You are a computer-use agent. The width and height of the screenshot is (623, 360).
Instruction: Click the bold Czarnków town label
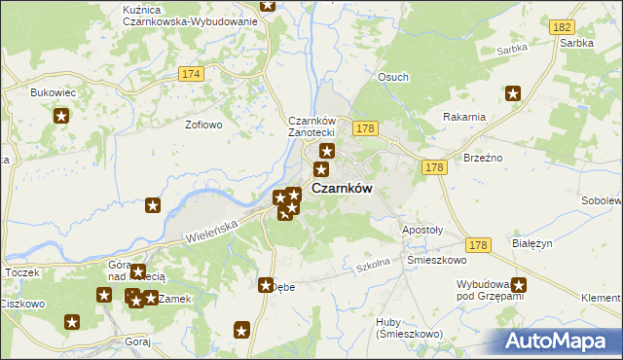tap(342, 189)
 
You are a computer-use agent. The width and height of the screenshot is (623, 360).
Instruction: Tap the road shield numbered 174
tap(191, 74)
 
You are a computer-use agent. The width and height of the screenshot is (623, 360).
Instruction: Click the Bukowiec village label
tap(53, 92)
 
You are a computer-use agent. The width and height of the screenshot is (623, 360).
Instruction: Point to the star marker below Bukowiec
tap(61, 117)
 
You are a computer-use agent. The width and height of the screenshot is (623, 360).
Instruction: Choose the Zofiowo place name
tap(204, 125)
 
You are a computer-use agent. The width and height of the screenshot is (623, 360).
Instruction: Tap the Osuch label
tap(393, 77)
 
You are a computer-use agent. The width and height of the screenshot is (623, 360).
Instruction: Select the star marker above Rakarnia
tap(513, 93)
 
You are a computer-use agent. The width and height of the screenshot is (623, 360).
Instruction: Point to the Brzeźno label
tap(483, 157)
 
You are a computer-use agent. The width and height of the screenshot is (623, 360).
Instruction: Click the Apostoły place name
tap(422, 231)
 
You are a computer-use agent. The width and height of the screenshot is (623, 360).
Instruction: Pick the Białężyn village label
tap(531, 246)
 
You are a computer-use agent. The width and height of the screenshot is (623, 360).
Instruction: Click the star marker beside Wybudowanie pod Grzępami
tap(519, 285)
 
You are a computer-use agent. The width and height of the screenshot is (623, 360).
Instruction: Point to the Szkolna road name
tap(372, 264)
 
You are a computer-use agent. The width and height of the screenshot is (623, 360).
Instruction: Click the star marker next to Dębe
tap(265, 284)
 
